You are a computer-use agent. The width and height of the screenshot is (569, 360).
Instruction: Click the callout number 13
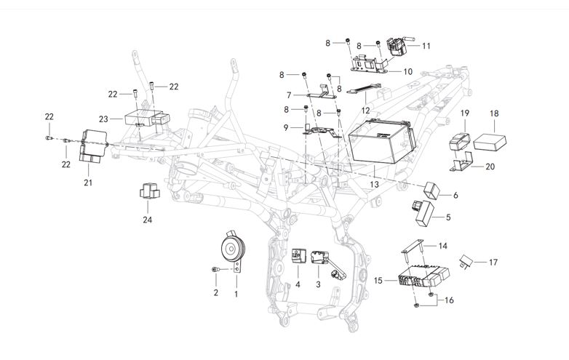[x=375, y=186]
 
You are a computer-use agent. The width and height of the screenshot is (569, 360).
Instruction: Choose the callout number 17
[x=493, y=262]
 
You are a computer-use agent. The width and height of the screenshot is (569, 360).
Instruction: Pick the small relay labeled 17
[x=467, y=260]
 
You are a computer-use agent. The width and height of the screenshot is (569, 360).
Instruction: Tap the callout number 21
[x=88, y=183]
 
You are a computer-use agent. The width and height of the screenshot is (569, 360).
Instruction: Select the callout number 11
[x=426, y=46]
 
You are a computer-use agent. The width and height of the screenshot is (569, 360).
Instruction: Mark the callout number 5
[x=448, y=217]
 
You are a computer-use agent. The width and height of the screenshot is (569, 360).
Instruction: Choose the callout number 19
[x=465, y=113]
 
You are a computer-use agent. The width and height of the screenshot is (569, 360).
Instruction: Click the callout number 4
[x=297, y=284]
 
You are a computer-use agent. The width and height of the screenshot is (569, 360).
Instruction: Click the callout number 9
[x=287, y=127]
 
